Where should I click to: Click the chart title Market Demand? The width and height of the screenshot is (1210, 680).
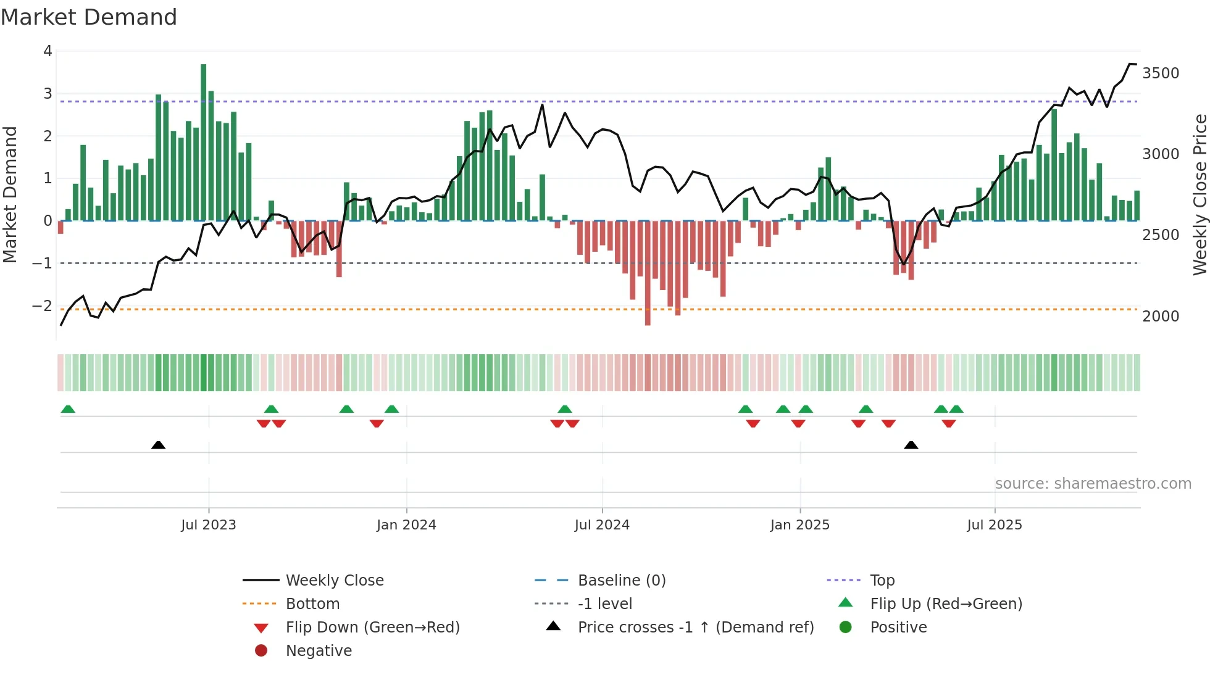pyautogui.click(x=89, y=17)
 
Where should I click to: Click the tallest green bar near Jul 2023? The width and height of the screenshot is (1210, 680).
pyautogui.click(x=204, y=142)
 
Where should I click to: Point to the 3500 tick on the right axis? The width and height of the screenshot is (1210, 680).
pyautogui.click(x=1160, y=73)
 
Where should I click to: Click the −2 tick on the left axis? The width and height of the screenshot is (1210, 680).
pyautogui.click(x=43, y=306)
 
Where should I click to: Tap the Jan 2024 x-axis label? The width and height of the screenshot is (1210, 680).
pyautogui.click(x=406, y=525)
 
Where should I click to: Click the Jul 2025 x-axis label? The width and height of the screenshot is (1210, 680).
pyautogui.click(x=995, y=525)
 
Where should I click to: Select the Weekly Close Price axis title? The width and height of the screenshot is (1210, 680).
pyautogui.click(x=1200, y=194)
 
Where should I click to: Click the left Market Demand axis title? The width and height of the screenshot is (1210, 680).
pyautogui.click(x=10, y=194)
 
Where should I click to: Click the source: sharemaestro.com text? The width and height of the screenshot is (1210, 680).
pyautogui.click(x=1093, y=484)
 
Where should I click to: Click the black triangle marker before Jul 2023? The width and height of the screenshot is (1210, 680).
pyautogui.click(x=158, y=445)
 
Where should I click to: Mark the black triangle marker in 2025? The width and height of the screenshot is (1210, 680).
pyautogui.click(x=911, y=445)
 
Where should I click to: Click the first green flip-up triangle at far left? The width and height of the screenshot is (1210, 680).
pyautogui.click(x=68, y=409)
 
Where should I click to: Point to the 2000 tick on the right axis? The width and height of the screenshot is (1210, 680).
pyautogui.click(x=1160, y=317)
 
